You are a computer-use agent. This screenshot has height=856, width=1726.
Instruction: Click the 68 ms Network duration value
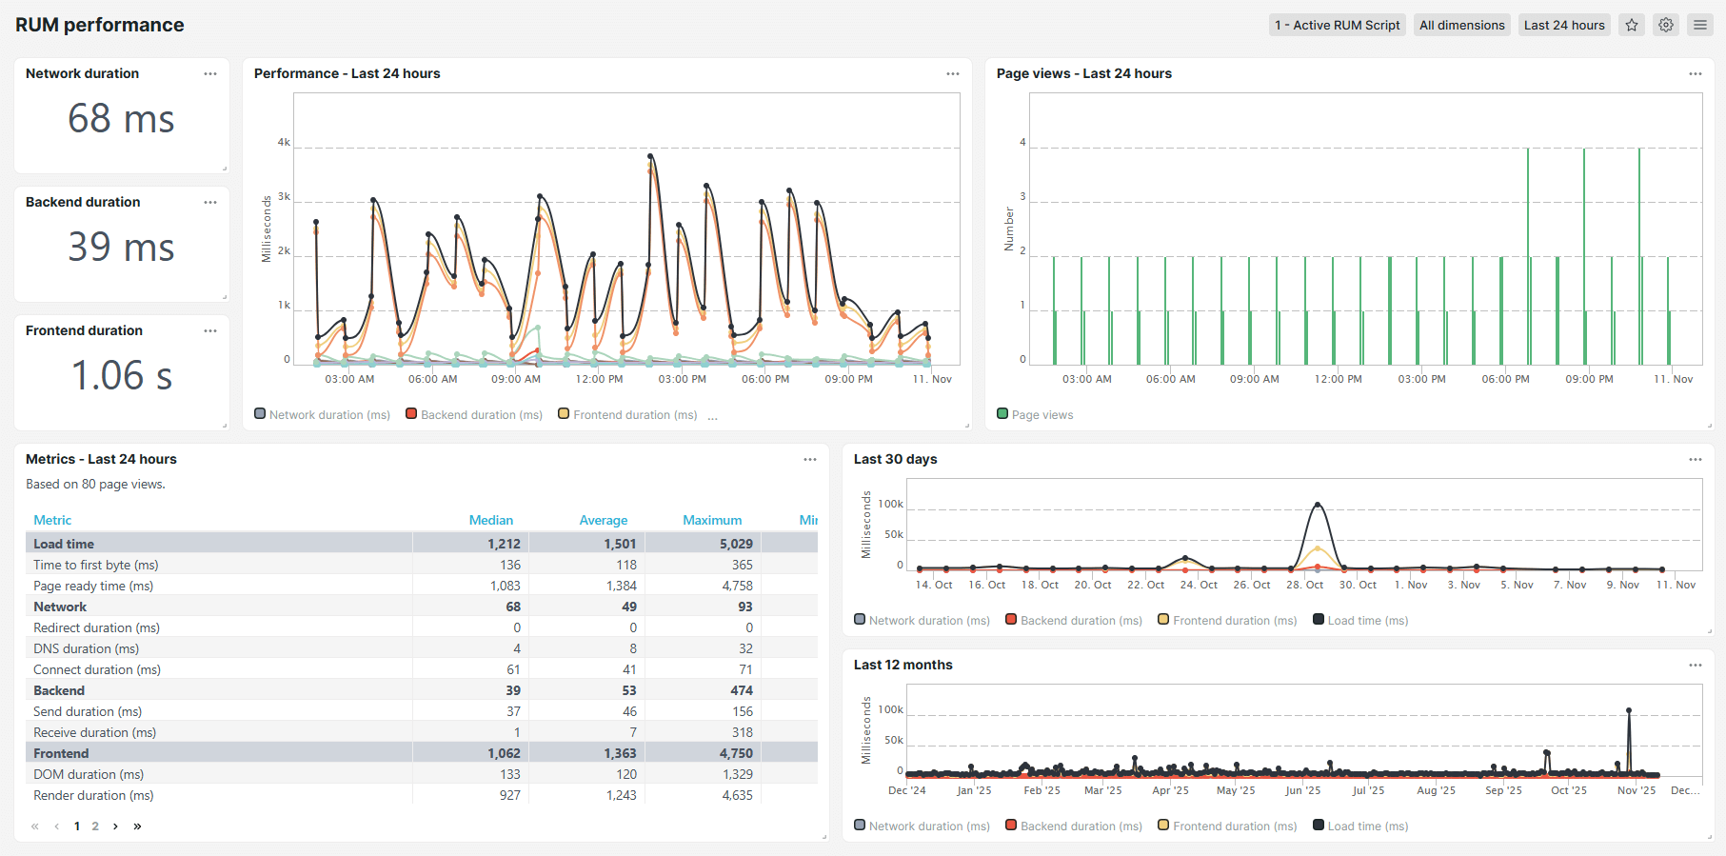click(x=121, y=120)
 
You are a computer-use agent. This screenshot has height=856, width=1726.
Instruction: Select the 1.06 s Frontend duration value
click(x=121, y=376)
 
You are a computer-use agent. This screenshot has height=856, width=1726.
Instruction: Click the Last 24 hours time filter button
click(x=1563, y=26)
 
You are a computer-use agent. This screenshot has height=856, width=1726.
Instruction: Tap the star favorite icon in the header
click(x=1632, y=26)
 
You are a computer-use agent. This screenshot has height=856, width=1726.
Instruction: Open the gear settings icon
click(x=1666, y=26)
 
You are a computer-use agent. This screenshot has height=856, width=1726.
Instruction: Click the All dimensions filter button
click(x=1461, y=26)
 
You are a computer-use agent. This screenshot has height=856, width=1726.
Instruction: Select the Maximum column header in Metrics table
click(x=711, y=520)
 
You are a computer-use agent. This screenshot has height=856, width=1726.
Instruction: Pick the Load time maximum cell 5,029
click(x=735, y=544)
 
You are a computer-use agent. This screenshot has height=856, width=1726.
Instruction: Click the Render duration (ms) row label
click(x=93, y=795)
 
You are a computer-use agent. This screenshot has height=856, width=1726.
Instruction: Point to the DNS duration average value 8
click(x=632, y=648)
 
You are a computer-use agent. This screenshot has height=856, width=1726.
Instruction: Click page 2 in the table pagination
click(x=95, y=826)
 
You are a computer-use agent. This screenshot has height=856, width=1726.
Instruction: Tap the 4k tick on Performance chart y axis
click(x=284, y=143)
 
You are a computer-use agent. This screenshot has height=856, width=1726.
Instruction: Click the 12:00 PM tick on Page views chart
click(x=1338, y=379)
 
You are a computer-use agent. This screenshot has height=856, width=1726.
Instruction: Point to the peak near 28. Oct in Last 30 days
click(x=1318, y=504)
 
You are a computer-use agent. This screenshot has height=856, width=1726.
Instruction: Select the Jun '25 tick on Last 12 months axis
click(x=1302, y=790)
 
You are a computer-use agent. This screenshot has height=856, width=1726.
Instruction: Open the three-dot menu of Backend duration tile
click(x=210, y=203)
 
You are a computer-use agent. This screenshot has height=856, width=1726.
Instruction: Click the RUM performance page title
click(x=100, y=26)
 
